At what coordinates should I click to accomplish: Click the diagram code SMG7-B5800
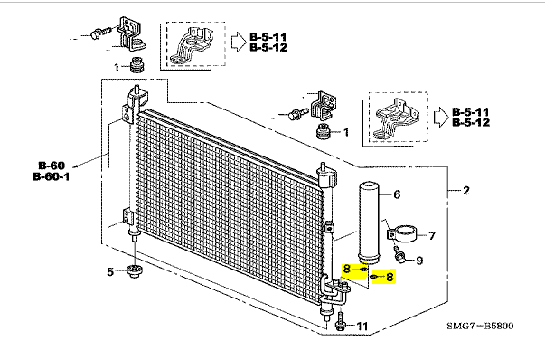click(480, 326)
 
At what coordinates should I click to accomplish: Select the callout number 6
click(397, 194)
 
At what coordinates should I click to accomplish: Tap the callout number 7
click(432, 236)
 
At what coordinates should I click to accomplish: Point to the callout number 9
click(419, 261)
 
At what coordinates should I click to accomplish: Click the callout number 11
click(362, 327)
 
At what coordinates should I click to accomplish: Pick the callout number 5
click(110, 271)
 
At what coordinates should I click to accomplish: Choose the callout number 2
click(466, 190)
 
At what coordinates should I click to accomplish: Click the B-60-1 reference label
click(52, 176)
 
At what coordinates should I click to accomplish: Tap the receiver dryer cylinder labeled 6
click(369, 223)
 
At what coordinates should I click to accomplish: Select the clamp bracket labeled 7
click(401, 233)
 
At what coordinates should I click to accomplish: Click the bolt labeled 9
click(399, 255)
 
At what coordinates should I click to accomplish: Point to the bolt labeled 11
click(340, 321)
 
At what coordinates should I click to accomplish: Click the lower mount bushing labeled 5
click(134, 271)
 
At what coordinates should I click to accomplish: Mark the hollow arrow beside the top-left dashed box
click(239, 43)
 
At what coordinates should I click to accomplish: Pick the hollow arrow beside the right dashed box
click(441, 118)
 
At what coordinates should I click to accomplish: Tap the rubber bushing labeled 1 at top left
click(137, 65)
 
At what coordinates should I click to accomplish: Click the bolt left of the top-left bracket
click(99, 33)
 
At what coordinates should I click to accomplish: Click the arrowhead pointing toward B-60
click(75, 167)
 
